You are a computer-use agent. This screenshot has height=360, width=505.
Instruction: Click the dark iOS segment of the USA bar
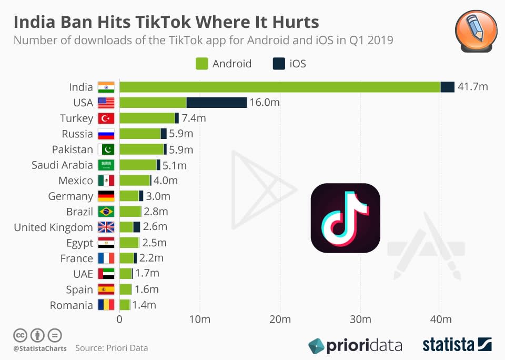pyautogui.click(x=216, y=103)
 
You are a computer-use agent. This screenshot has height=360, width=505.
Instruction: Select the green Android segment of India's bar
pyautogui.click(x=279, y=87)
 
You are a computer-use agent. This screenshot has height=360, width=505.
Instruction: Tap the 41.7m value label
pyautogui.click(x=472, y=87)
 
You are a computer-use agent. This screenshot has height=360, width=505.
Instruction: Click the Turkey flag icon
pyautogui.click(x=106, y=118)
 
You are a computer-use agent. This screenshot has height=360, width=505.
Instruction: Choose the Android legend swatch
pyautogui.click(x=202, y=64)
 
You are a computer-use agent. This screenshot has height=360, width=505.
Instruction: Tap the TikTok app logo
pyautogui.click(x=346, y=218)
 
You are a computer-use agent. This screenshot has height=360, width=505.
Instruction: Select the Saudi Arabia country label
pyautogui.click(x=62, y=165)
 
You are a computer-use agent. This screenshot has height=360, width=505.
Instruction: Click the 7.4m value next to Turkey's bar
pyautogui.click(x=194, y=118)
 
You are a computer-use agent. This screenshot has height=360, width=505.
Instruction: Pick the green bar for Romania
pyautogui.click(x=125, y=305)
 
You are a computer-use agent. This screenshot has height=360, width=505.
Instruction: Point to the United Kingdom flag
pyautogui.click(x=106, y=227)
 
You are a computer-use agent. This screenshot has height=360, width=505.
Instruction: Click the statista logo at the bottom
pyautogui.click(x=457, y=345)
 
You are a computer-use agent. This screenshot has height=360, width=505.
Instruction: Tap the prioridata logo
pyautogui.click(x=355, y=346)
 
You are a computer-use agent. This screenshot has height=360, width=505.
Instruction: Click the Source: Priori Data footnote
pyautogui.click(x=112, y=348)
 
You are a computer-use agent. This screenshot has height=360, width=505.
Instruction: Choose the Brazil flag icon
pyautogui.click(x=106, y=212)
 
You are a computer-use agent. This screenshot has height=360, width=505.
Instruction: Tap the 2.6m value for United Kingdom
pyautogui.click(x=155, y=227)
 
